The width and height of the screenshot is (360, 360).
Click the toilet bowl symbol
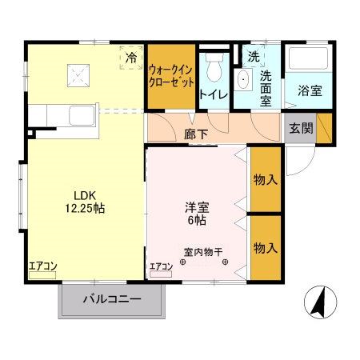(214, 71)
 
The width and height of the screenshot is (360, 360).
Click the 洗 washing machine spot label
(253, 57)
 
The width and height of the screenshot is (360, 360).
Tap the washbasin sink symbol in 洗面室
(242, 78)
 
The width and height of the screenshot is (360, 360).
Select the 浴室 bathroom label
(309, 91)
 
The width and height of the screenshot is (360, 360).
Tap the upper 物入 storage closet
(265, 179)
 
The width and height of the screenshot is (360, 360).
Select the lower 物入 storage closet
(265, 248)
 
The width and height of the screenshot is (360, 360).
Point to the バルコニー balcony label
(112, 301)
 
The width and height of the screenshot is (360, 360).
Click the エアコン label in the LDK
(42, 266)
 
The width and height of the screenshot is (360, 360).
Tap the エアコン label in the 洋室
(161, 266)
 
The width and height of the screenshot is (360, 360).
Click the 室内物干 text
(203, 250)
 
